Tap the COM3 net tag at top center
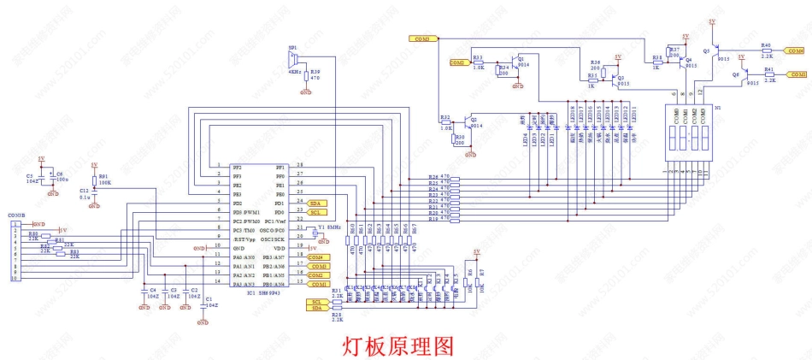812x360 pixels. (424, 39)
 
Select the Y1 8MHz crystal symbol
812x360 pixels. (314, 230)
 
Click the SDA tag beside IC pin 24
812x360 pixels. (315, 202)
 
